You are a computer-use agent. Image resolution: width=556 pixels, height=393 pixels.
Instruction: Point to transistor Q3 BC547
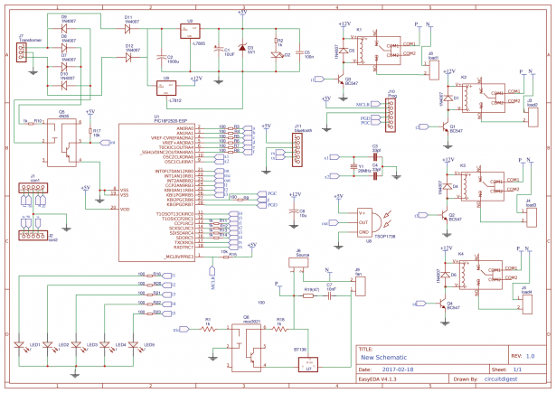click(337, 80)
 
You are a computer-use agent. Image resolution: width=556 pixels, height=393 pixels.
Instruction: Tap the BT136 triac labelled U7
click(310, 363)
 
